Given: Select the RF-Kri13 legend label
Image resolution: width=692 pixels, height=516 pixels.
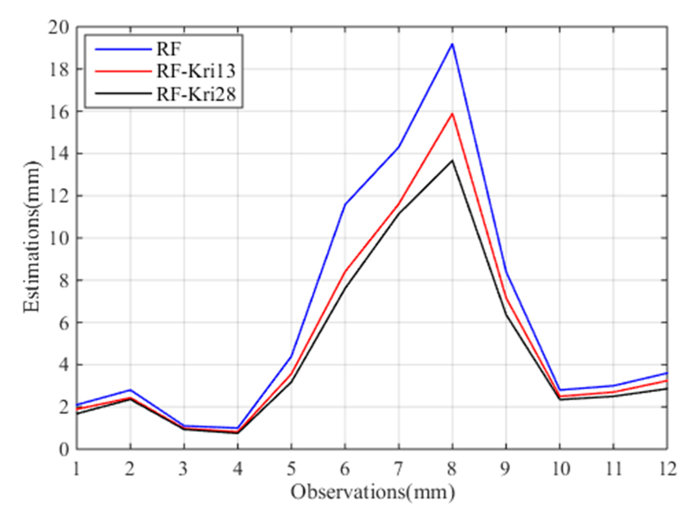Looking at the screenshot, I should point(196,71).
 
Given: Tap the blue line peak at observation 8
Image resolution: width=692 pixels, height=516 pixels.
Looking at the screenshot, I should point(452,44).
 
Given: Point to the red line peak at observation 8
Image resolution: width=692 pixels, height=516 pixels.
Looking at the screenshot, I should point(452,114).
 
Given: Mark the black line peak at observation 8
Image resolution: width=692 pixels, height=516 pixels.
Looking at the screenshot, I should point(452,160).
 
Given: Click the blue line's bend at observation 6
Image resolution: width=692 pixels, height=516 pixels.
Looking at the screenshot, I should point(345,204).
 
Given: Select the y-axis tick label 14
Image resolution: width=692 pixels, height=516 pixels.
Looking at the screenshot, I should point(58,154).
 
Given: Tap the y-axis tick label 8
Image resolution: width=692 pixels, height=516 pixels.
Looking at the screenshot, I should point(64,280).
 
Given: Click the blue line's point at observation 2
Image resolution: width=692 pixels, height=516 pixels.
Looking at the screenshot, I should point(130,390).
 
